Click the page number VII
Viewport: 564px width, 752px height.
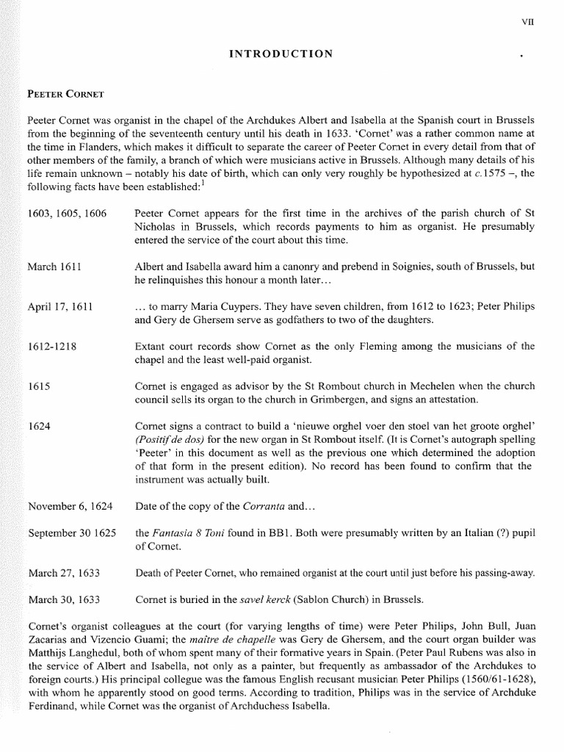(527, 21)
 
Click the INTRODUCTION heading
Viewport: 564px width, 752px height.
(282, 54)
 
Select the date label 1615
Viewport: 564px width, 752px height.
(38, 386)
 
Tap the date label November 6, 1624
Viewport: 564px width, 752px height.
(70, 506)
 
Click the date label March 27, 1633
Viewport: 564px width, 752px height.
(64, 572)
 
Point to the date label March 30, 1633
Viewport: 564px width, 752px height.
(64, 599)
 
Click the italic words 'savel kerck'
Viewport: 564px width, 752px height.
(266, 599)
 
